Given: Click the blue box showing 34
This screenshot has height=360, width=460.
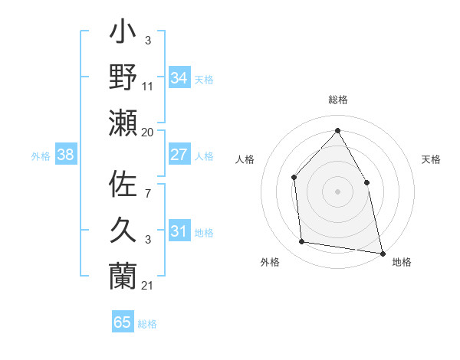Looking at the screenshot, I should pyautogui.click(x=179, y=78).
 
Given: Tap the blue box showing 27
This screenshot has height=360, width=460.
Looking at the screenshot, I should pyautogui.click(x=179, y=155).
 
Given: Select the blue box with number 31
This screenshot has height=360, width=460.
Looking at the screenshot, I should pyautogui.click(x=179, y=231).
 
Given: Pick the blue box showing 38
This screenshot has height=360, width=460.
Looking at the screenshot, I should pyautogui.click(x=66, y=155).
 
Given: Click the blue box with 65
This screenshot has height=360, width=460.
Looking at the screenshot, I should pyautogui.click(x=123, y=322).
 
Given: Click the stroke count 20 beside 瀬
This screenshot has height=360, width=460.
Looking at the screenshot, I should pyautogui.click(x=148, y=133).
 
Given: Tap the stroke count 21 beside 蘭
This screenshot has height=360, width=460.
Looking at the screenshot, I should pyautogui.click(x=148, y=286).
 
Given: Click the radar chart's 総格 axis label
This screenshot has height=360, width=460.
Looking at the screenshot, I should pyautogui.click(x=337, y=100).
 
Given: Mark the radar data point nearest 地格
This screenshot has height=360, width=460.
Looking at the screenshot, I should pyautogui.click(x=382, y=253).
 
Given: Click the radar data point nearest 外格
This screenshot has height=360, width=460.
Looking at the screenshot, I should pyautogui.click(x=302, y=242).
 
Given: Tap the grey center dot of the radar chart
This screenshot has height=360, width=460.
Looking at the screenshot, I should pyautogui.click(x=337, y=191).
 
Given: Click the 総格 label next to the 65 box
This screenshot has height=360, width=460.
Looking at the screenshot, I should pyautogui.click(x=147, y=324).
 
